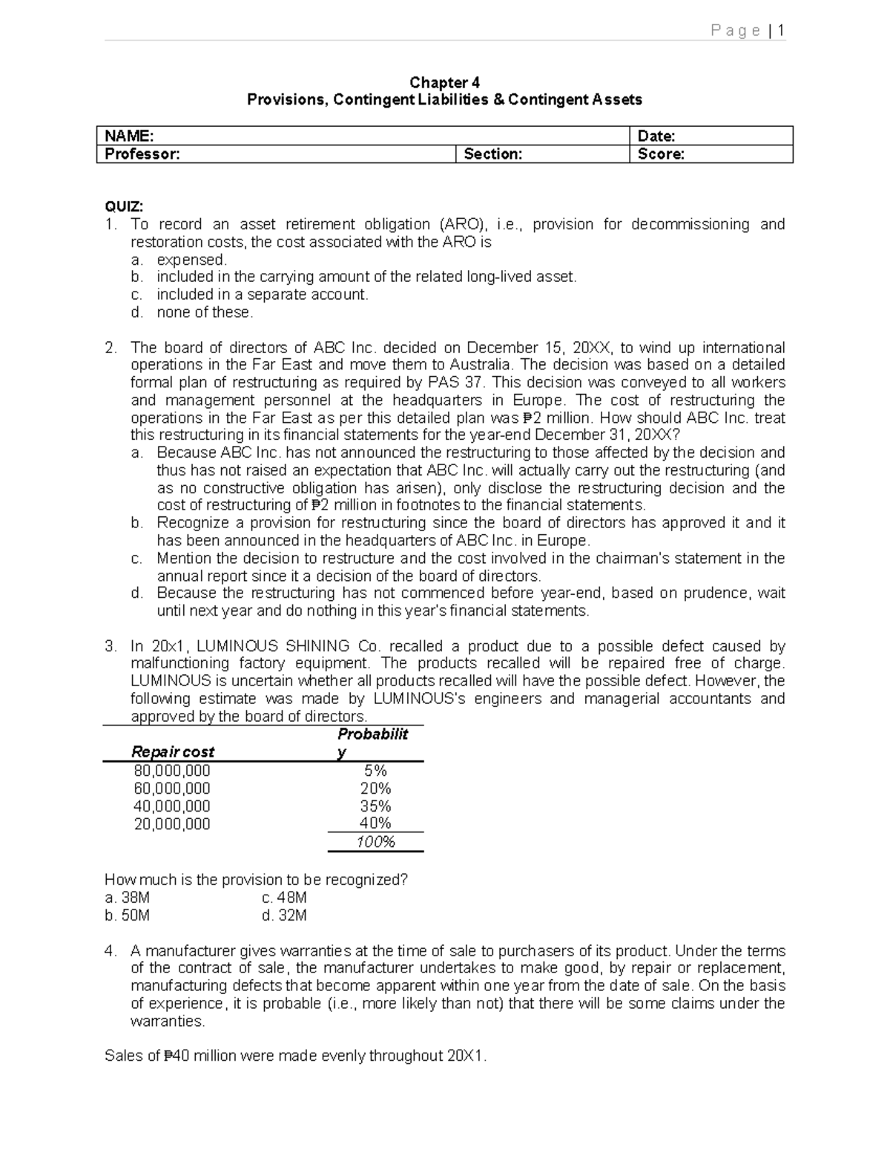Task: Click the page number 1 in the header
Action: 781,30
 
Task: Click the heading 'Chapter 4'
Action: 444,82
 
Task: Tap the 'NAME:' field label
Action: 129,136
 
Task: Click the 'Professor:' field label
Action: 142,154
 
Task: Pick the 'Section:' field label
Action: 492,154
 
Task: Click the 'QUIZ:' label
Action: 124,206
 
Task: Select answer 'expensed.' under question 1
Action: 191,260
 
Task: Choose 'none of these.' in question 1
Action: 205,312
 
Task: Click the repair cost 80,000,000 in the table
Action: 171,771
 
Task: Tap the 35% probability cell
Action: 375,806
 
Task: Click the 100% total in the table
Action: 375,842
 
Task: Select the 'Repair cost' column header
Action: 172,751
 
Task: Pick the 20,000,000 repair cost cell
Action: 171,823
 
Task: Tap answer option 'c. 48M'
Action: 284,898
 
